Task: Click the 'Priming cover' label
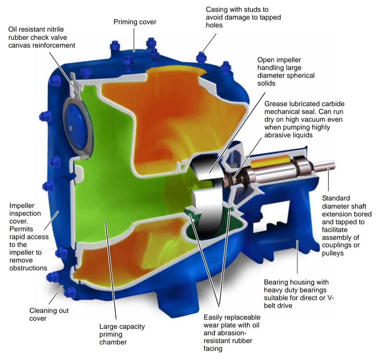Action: (x=135, y=22)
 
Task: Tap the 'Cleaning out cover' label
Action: (x=49, y=314)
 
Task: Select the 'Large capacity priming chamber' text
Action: (x=122, y=334)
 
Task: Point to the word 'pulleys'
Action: (x=333, y=253)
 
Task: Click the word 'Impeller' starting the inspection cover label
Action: (x=22, y=205)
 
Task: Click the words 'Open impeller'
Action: (x=279, y=60)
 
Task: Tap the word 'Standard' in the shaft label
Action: (x=336, y=198)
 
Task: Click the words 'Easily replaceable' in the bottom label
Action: (x=232, y=317)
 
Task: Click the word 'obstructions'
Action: (x=28, y=268)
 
